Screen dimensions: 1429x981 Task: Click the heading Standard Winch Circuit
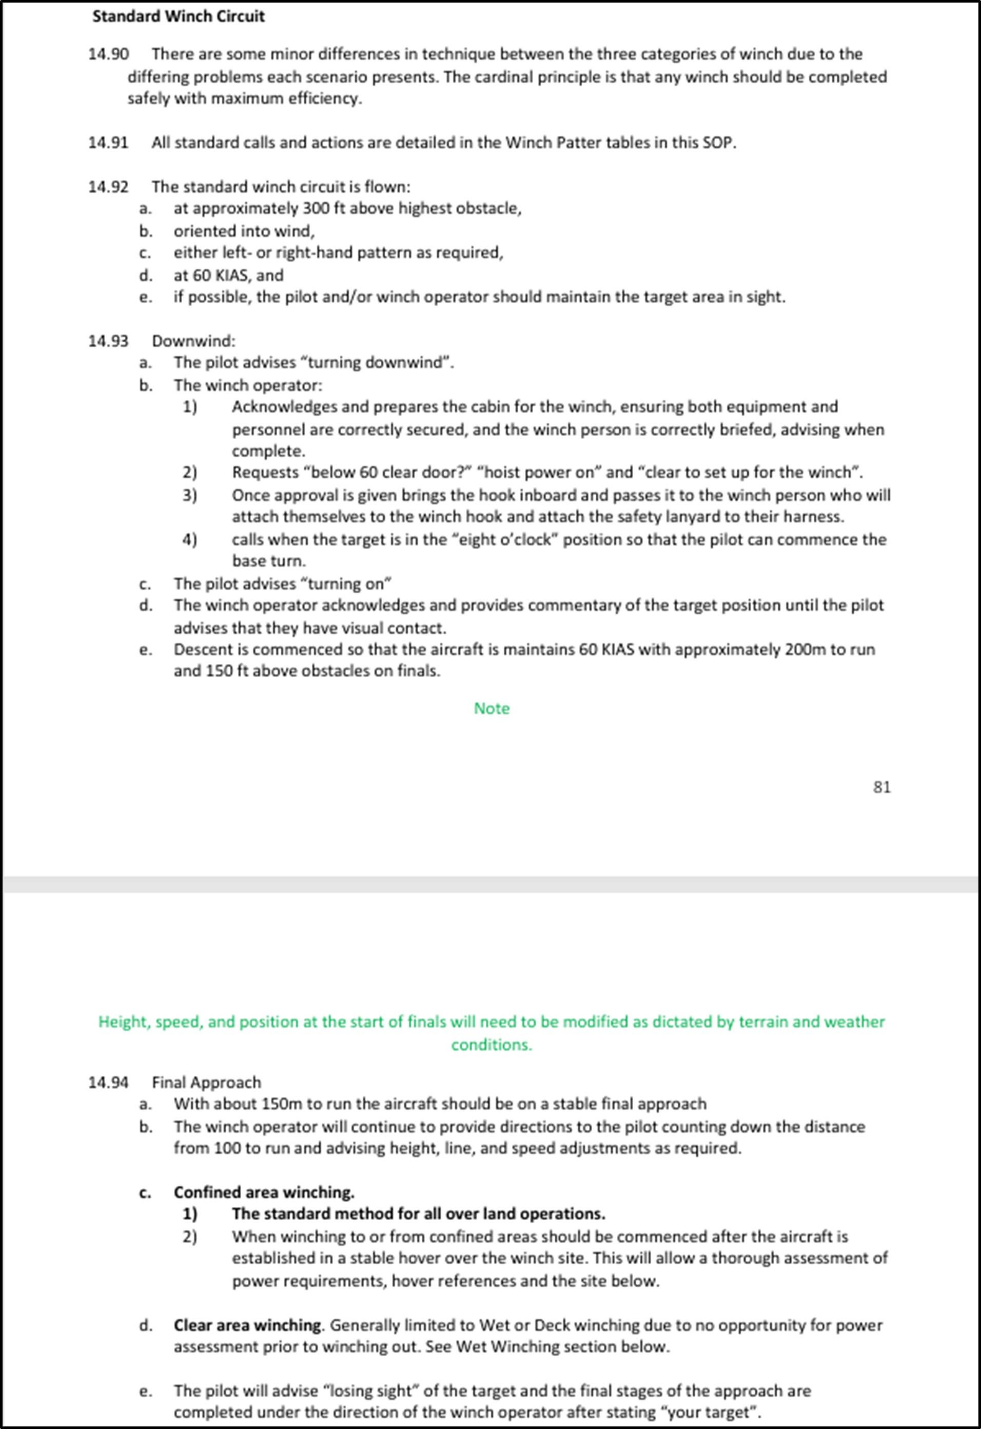(x=178, y=16)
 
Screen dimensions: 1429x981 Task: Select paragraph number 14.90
(x=108, y=54)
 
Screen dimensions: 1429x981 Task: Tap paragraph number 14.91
(x=108, y=143)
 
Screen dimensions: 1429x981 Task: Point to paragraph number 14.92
(x=108, y=187)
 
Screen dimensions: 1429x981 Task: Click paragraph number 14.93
(x=108, y=341)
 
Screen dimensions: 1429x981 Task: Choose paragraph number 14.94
(x=108, y=1082)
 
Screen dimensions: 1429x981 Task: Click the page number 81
(x=881, y=787)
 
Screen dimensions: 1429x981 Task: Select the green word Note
(x=491, y=709)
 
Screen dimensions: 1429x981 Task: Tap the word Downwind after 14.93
(x=193, y=341)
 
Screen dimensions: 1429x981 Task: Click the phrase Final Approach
(x=207, y=1082)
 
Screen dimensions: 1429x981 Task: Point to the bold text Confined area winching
(x=264, y=1192)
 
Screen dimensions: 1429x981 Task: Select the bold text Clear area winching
(x=247, y=1325)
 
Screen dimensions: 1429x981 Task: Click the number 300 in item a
(x=317, y=208)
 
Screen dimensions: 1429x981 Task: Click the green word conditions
(x=491, y=1045)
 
